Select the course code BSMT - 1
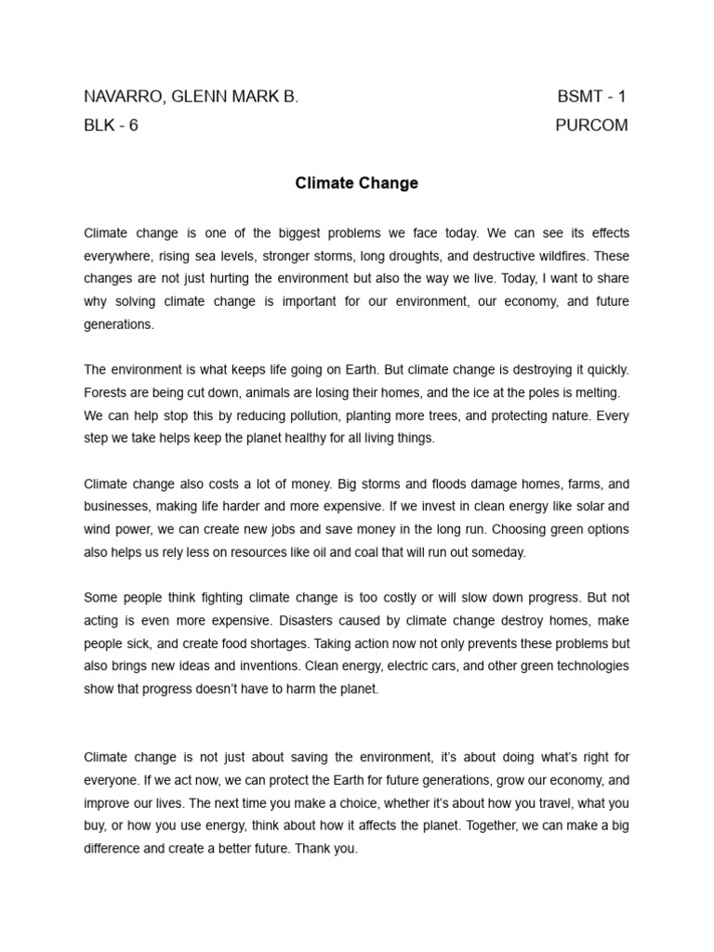point(592,97)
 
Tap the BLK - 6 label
point(111,126)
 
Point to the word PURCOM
point(591,126)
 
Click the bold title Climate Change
point(357,183)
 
